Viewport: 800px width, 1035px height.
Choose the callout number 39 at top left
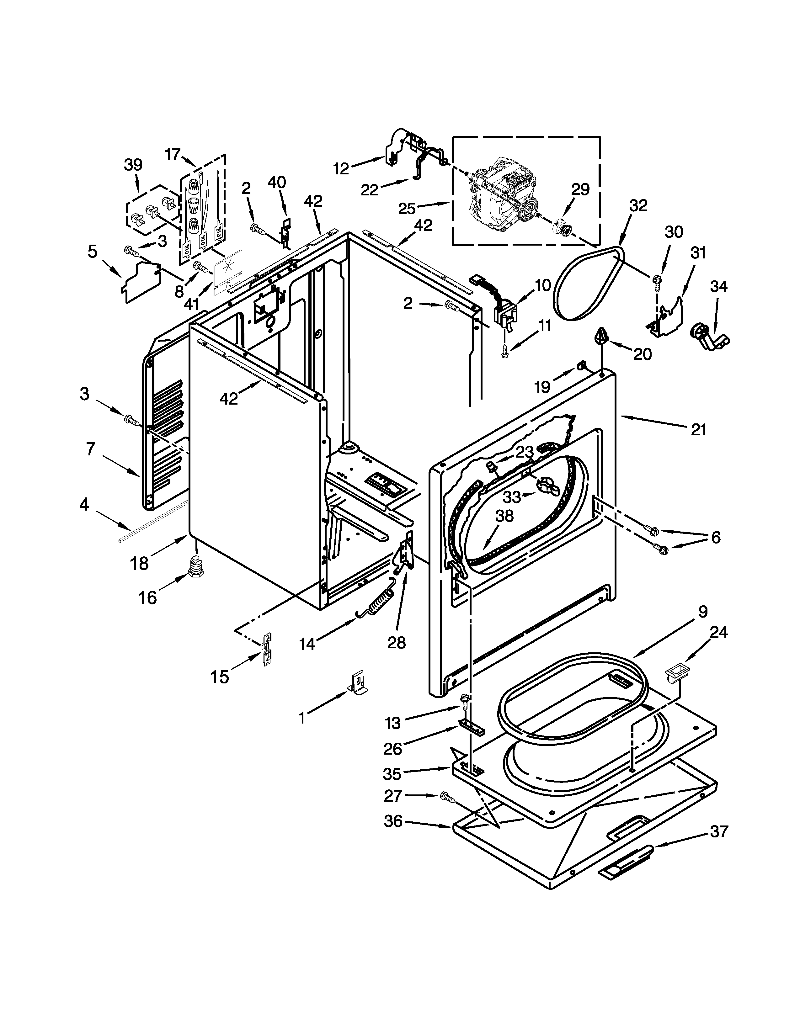(x=133, y=165)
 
